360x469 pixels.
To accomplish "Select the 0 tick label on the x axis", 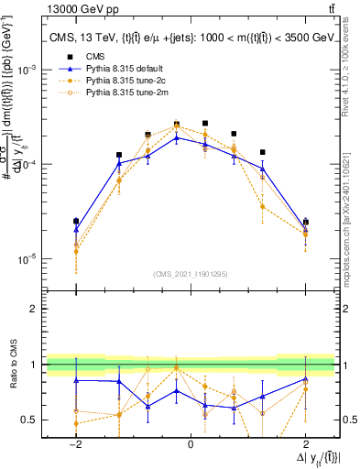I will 190,444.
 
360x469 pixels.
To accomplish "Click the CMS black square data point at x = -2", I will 76,221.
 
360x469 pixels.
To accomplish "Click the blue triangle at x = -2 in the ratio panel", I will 76,379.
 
